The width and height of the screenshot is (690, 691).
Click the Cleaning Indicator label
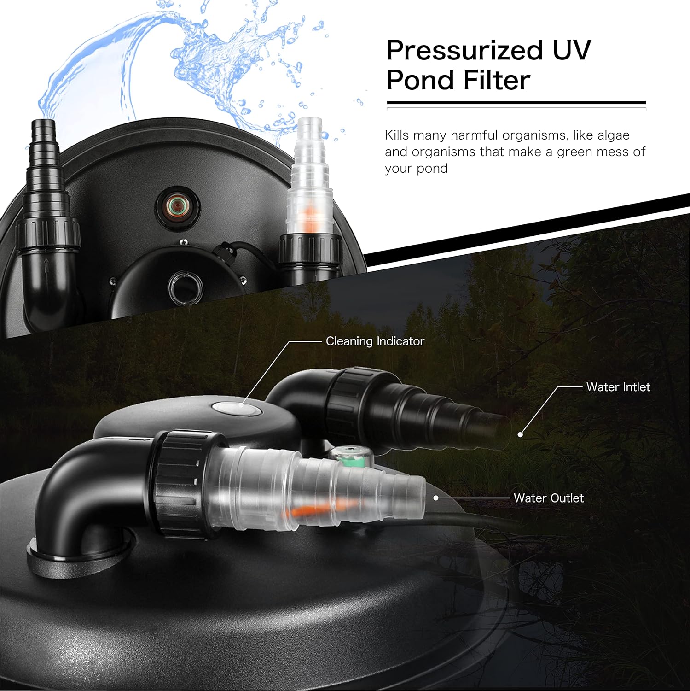375,341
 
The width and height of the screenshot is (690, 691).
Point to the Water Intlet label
618,387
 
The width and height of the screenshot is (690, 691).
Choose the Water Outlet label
549,498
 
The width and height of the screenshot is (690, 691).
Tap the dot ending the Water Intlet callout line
520,434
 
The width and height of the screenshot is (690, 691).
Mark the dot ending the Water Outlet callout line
435,498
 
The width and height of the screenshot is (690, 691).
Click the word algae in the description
613,135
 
